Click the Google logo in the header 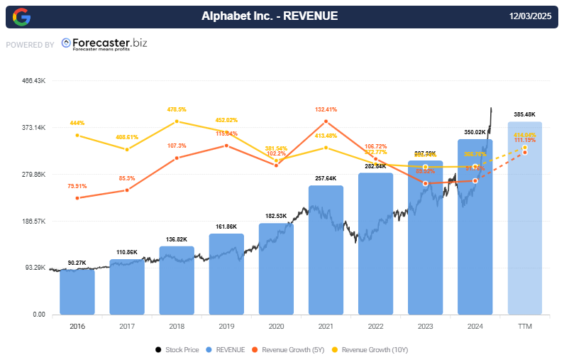[x=21, y=16]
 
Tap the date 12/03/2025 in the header [x=530, y=16]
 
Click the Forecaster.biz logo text [x=104, y=44]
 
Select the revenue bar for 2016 [x=77, y=291]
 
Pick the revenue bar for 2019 [x=226, y=273]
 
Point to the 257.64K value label [x=326, y=178]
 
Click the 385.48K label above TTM [x=525, y=114]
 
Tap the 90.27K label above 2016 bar [x=77, y=263]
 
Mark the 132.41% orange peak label [x=326, y=109]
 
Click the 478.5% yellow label [x=177, y=109]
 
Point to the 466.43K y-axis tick [x=34, y=81]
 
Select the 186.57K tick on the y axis [x=34, y=221]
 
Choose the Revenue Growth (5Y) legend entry [x=290, y=349]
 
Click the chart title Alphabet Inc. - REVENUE [x=270, y=16]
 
